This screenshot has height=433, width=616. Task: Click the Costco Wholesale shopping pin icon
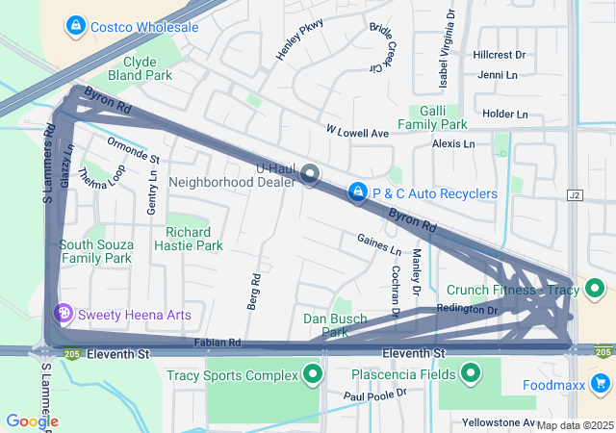[76, 26]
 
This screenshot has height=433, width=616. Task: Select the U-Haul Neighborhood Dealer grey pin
[310, 174]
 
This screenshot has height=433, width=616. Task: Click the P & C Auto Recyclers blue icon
[358, 193]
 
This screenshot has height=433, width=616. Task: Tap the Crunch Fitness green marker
[596, 288]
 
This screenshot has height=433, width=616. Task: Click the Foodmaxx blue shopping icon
[602, 386]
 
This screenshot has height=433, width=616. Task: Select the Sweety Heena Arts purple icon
[64, 314]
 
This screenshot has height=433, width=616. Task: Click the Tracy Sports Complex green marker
[312, 374]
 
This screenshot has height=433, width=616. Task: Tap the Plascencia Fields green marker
[471, 373]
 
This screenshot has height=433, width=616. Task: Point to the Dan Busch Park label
[324, 325]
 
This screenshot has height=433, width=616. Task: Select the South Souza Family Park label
[95, 251]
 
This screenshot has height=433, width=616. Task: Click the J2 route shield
[577, 194]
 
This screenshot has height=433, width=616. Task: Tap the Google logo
[32, 420]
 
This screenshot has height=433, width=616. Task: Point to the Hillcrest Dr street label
[499, 56]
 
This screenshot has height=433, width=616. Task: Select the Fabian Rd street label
[217, 343]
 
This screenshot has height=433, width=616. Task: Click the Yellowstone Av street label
[498, 422]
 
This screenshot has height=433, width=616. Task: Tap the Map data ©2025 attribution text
[574, 425]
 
